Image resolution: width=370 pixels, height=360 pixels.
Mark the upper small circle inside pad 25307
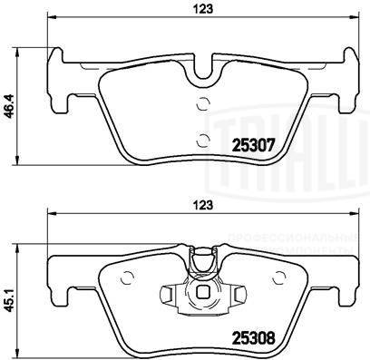pyautogui.click(x=203, y=102)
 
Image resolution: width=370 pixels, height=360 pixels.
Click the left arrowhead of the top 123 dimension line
pyautogui.click(x=50, y=19)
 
